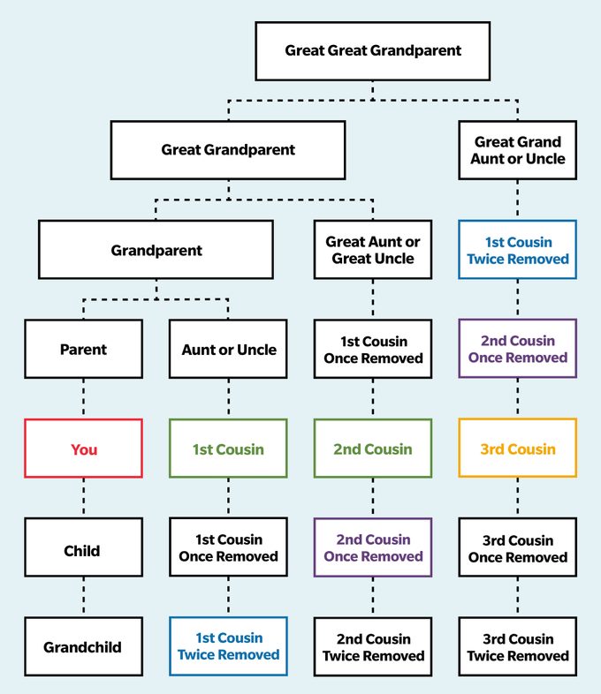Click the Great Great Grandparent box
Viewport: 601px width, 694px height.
pyautogui.click(x=372, y=50)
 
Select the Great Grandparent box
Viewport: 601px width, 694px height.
pyautogui.click(x=228, y=150)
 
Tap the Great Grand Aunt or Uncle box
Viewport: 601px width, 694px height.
pyautogui.click(x=517, y=150)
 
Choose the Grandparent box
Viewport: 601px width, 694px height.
pyautogui.click(x=156, y=250)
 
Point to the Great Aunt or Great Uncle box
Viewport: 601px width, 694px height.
pyautogui.click(x=372, y=250)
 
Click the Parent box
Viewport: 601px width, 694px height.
pyautogui.click(x=83, y=350)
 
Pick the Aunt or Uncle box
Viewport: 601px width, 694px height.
pyautogui.click(x=228, y=350)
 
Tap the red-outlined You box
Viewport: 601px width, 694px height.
pyautogui.click(x=83, y=449)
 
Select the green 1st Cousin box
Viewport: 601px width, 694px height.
pyautogui.click(x=228, y=449)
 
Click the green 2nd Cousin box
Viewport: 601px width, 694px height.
pyautogui.click(x=372, y=449)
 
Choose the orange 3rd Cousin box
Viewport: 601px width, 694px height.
pyautogui.click(x=517, y=449)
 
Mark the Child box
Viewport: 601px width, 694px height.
pyautogui.click(x=83, y=550)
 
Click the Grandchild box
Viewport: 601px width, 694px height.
pyautogui.click(x=83, y=647)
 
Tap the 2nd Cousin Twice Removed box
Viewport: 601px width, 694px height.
pyautogui.click(x=372, y=647)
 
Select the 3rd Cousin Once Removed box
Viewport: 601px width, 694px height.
pyautogui.click(x=517, y=548)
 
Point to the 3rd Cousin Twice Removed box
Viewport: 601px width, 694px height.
pyautogui.click(x=517, y=647)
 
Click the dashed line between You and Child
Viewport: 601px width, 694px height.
pyautogui.click(x=83, y=498)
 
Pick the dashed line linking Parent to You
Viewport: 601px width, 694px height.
pyautogui.click(x=83, y=398)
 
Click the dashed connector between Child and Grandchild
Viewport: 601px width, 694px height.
pyautogui.click(x=83, y=597)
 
